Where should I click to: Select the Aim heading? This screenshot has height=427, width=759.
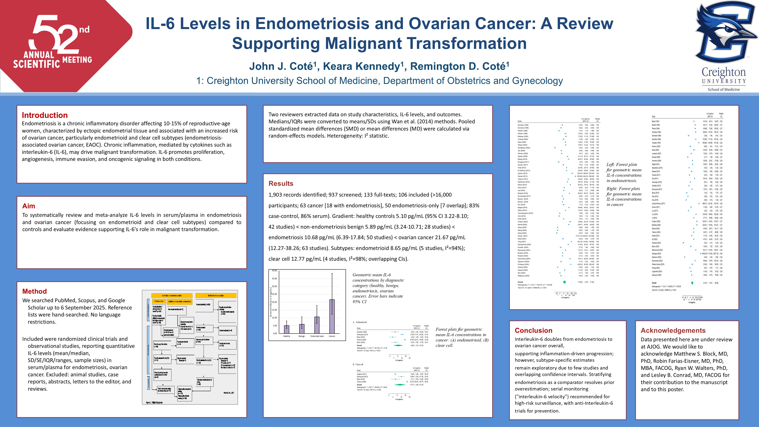[29, 206]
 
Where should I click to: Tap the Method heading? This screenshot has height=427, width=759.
[34, 291]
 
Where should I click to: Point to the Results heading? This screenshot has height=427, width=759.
[281, 184]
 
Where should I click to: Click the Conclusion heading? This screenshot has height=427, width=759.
[533, 330]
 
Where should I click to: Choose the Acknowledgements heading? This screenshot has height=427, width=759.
[673, 330]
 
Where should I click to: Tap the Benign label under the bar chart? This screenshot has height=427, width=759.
[301, 336]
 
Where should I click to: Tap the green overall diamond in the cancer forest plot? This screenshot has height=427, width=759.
[692, 283]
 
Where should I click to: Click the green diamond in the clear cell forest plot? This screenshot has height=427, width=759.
[400, 385]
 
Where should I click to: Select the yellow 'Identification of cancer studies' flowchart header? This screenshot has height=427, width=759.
[216, 295]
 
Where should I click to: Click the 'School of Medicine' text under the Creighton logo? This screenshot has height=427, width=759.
[724, 90]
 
